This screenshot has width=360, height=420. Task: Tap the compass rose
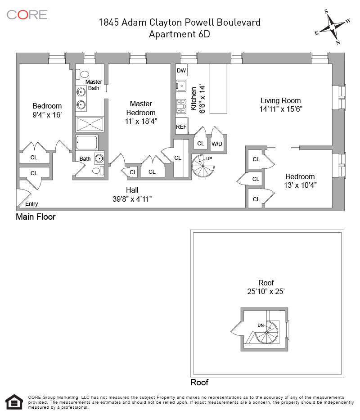pos(332,27)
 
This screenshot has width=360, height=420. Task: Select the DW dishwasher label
pos(181,71)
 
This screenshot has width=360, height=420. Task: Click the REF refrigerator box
pos(181,126)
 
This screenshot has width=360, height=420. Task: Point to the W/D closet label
pos(217,144)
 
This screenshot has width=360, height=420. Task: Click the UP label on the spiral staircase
pos(209,158)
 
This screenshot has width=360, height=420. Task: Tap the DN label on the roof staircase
pos(261,325)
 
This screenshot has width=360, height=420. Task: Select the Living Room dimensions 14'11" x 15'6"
pos(281,109)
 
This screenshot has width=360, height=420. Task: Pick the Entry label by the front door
pos(31,204)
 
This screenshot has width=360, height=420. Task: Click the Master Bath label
pos(94,85)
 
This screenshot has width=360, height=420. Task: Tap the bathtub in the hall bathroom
pos(87,143)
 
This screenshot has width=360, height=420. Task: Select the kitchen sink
pos(181,85)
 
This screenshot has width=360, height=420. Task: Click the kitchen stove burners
pos(181,106)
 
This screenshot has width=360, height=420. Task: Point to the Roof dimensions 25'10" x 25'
pos(266,291)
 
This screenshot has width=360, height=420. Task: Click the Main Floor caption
pos(36,217)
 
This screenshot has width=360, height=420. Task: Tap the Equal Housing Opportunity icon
pos(14,402)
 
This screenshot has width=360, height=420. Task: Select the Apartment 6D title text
pos(180,34)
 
